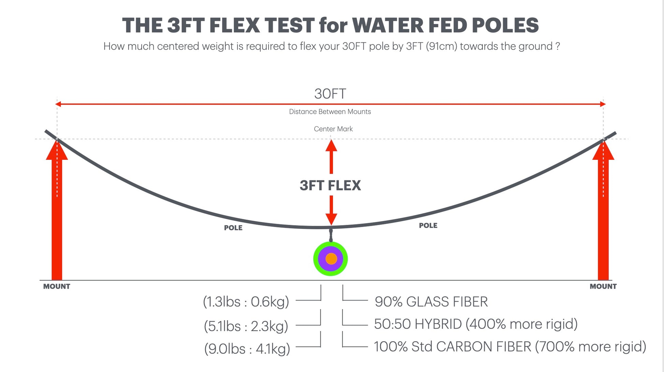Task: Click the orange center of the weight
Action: (x=331, y=259)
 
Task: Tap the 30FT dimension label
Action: (x=330, y=94)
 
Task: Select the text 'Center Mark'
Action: (x=333, y=129)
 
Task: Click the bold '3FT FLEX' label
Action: (x=330, y=185)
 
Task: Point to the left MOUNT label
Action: (x=57, y=287)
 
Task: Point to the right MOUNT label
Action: (x=603, y=287)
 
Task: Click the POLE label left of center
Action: (x=233, y=228)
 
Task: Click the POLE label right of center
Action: (x=428, y=225)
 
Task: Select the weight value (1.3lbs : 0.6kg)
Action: (x=246, y=302)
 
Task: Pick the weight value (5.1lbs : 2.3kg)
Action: (x=246, y=326)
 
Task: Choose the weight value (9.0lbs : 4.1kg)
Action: (x=247, y=349)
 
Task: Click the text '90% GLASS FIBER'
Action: (x=431, y=302)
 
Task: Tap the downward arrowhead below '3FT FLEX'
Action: (x=331, y=219)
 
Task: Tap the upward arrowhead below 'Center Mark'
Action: (x=331, y=146)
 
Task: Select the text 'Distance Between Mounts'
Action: (x=330, y=112)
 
